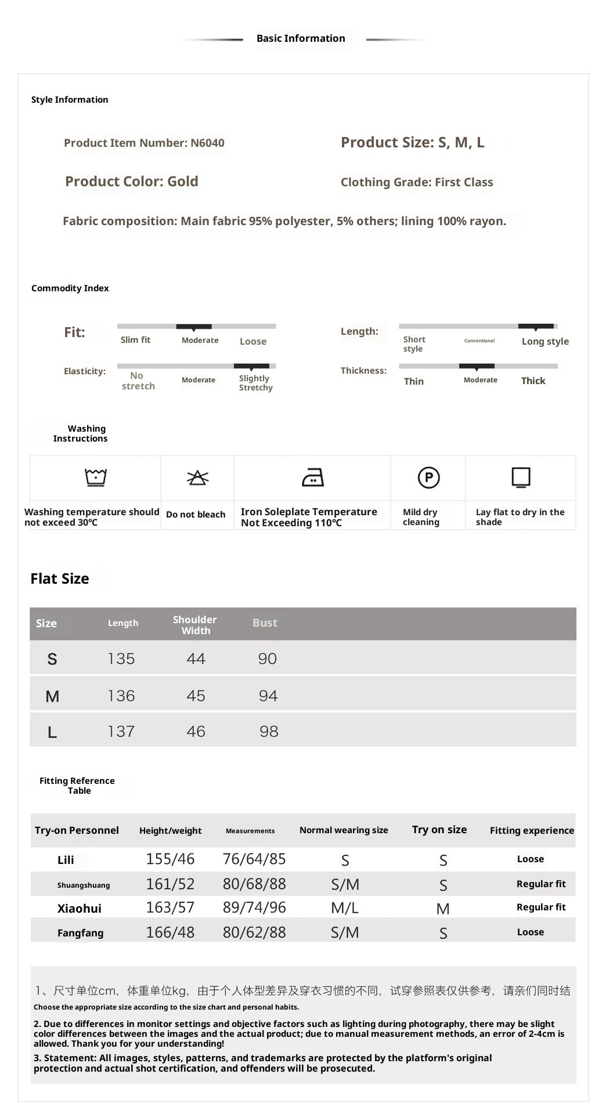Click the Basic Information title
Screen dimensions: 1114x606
click(301, 38)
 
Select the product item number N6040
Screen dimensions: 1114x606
click(144, 143)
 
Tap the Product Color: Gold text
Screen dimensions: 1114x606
click(132, 182)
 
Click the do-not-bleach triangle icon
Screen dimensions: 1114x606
click(197, 478)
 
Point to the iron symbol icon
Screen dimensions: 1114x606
click(313, 478)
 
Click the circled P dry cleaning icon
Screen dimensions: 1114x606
click(428, 478)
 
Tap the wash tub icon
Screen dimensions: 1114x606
click(96, 478)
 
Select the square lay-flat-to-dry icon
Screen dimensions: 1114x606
click(521, 478)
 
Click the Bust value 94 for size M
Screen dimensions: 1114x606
click(268, 696)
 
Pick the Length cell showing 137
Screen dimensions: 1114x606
click(121, 732)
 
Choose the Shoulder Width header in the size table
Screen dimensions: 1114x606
click(195, 625)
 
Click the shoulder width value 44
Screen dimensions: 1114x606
click(196, 659)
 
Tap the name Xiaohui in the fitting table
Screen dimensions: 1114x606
click(80, 909)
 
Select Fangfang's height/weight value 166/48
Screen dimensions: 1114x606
click(170, 932)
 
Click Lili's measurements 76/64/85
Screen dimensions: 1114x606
click(254, 859)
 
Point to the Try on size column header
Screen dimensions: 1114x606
click(439, 830)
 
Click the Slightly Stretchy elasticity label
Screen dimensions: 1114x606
click(255, 383)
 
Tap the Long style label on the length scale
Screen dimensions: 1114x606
click(545, 342)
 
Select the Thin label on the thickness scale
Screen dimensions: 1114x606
click(414, 381)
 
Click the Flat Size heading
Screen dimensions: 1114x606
click(60, 578)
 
